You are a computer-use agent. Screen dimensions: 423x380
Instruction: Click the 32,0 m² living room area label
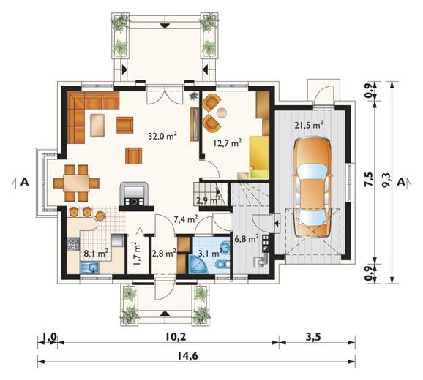tap(162, 136)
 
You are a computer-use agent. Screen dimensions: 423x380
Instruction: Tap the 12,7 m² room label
tap(227, 142)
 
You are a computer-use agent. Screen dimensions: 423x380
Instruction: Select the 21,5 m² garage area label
tap(309, 126)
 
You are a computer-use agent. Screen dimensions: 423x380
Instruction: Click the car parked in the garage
tap(312, 187)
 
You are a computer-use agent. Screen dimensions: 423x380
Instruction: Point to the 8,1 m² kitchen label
tap(96, 253)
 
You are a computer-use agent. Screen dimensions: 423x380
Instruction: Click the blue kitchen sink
tap(89, 267)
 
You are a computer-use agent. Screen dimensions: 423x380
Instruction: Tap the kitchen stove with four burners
tap(73, 243)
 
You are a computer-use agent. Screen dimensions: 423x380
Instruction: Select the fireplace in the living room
tap(134, 194)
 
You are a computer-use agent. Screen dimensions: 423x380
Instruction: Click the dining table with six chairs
tap(76, 183)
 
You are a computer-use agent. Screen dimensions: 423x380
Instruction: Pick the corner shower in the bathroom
tap(198, 265)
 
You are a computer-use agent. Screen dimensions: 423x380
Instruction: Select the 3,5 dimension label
tap(313, 336)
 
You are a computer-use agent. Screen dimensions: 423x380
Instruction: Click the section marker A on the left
tap(25, 182)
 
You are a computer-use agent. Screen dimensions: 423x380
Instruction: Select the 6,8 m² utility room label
tap(247, 239)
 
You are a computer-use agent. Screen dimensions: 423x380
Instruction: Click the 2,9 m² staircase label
tap(208, 200)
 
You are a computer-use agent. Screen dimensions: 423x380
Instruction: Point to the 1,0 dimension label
tap(49, 336)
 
